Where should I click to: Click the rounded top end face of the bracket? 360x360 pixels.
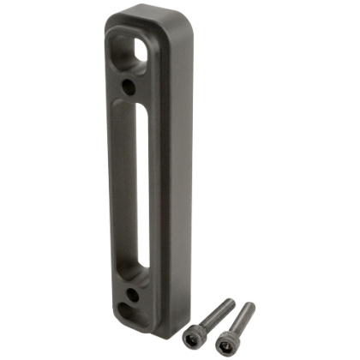[x=146, y=15]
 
